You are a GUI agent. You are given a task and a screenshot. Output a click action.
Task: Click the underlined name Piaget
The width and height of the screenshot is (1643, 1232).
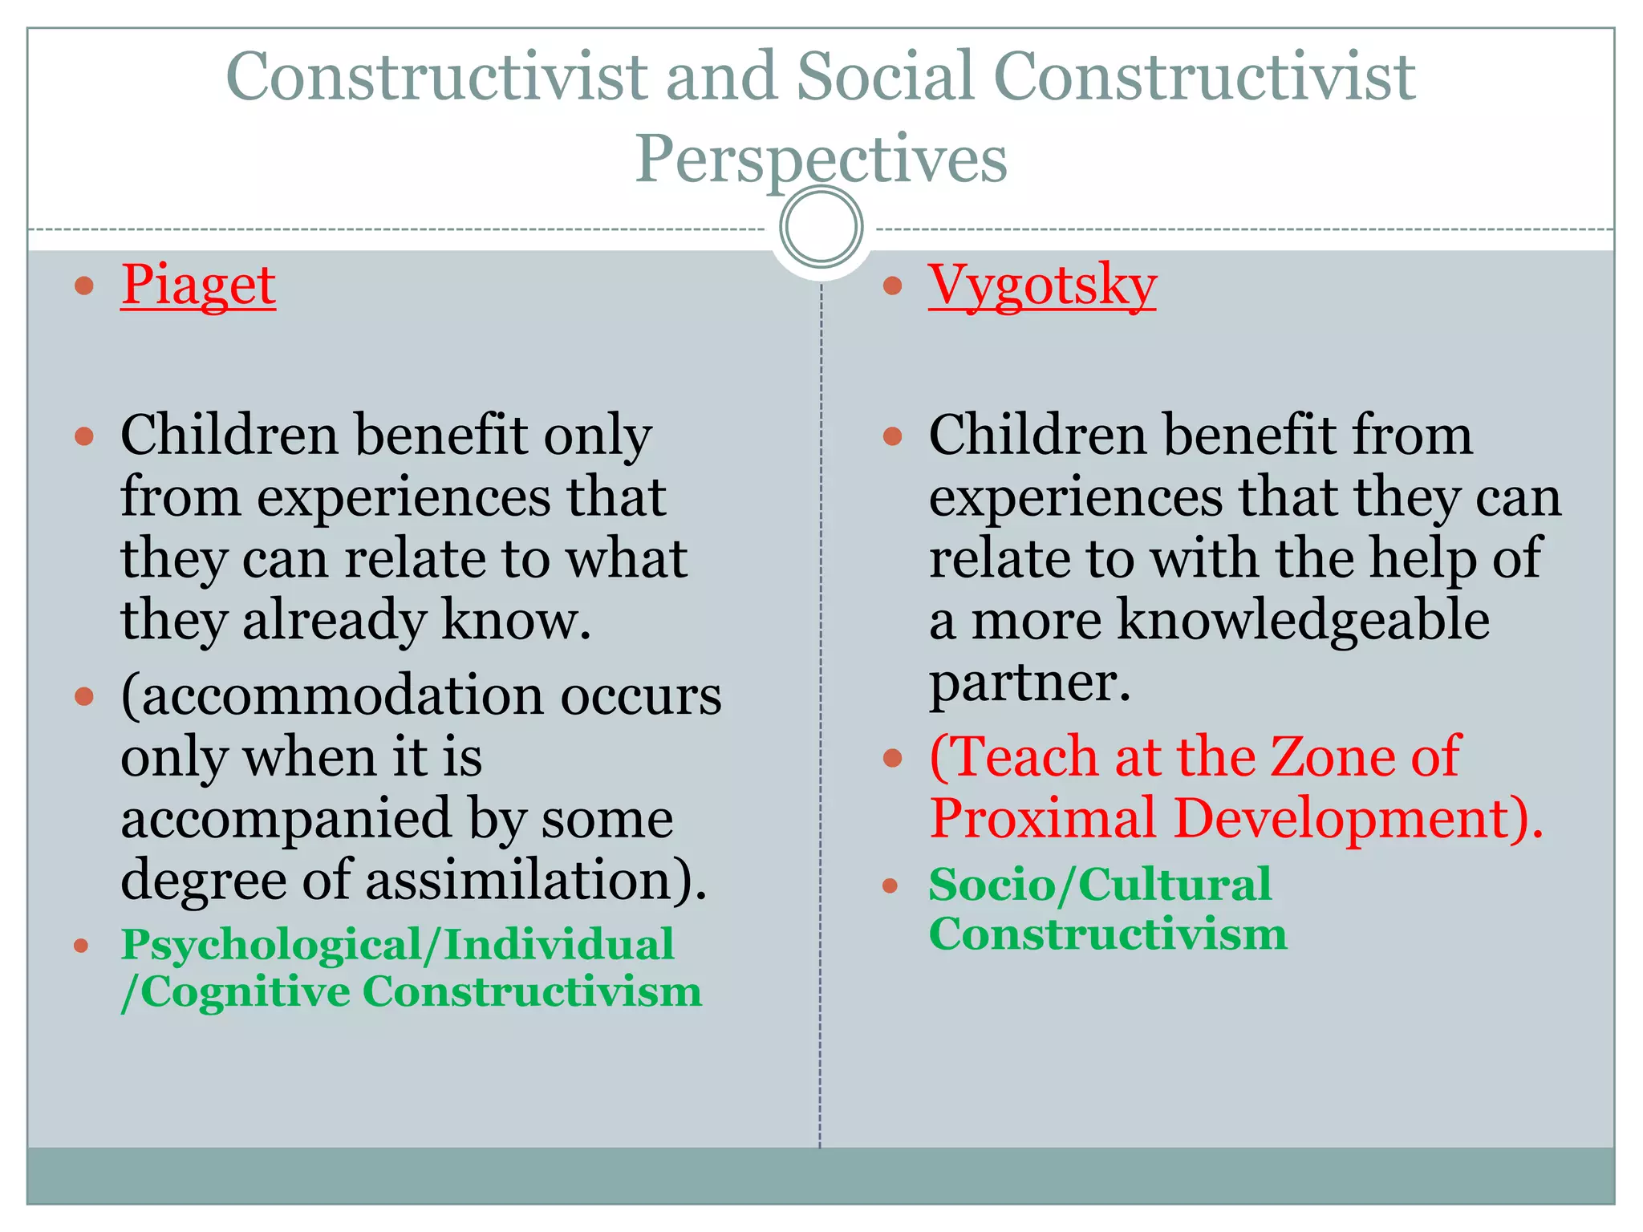pyautogui.click(x=198, y=286)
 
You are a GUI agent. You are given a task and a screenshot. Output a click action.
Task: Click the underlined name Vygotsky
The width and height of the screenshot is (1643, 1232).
pyautogui.click(x=1041, y=286)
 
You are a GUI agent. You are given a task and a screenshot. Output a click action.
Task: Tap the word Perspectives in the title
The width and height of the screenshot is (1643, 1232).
pyautogui.click(x=821, y=159)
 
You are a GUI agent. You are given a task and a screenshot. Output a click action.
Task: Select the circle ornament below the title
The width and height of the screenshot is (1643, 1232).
pyautogui.click(x=821, y=227)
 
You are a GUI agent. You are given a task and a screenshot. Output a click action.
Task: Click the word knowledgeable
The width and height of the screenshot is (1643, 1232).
pyautogui.click(x=1303, y=620)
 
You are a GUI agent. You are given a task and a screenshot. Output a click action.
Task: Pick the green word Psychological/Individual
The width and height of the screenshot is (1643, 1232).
pyautogui.click(x=397, y=944)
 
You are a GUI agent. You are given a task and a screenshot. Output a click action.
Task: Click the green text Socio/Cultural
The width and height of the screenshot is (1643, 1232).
pyautogui.click(x=1100, y=885)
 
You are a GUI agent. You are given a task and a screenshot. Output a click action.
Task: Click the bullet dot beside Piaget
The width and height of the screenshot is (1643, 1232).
pyautogui.click(x=84, y=286)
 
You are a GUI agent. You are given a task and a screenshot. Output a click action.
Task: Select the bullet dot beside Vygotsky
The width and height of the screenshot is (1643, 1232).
pyautogui.click(x=892, y=286)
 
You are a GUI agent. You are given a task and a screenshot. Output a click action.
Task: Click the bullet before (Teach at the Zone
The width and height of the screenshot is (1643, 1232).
pyautogui.click(x=892, y=757)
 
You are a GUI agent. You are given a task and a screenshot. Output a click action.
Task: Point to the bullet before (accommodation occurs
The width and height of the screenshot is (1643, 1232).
pyautogui.click(x=84, y=695)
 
